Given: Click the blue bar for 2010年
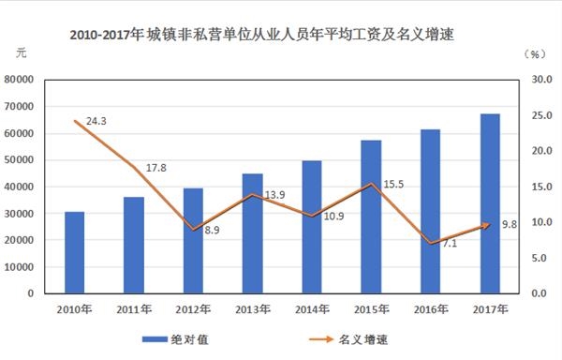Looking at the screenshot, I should coord(75,252).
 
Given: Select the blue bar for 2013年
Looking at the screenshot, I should coord(252,233).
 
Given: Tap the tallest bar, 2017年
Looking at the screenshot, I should coord(490,203).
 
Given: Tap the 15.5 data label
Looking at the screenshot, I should coord(394,186).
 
